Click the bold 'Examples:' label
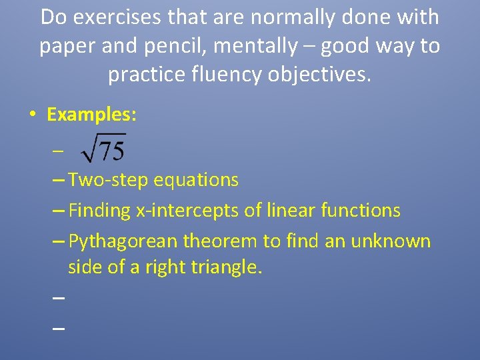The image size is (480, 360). [91, 115]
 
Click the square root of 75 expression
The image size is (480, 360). [103, 149]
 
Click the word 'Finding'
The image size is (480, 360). [99, 211]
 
